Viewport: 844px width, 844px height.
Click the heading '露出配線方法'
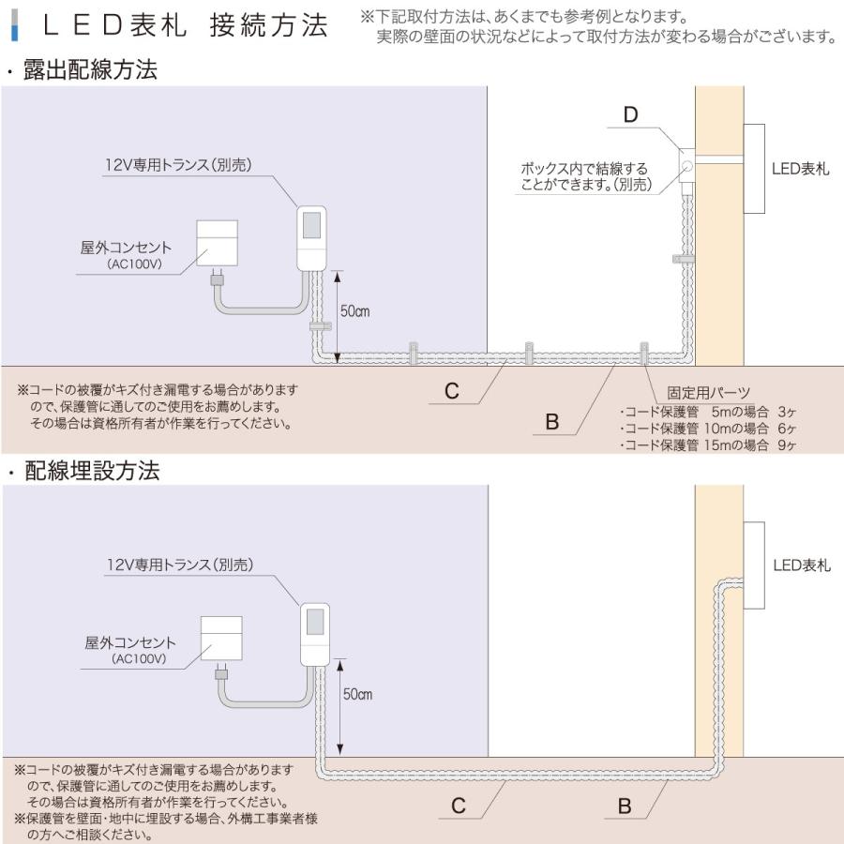tap(92, 70)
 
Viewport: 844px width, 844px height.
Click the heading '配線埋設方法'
tap(92, 471)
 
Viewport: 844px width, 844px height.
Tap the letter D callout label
tap(630, 115)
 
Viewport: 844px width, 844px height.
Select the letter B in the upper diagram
tap(551, 423)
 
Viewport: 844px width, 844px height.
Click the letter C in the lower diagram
tap(458, 806)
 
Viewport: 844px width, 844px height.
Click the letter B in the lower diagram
tap(624, 806)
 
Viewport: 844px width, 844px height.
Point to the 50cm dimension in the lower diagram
tap(357, 695)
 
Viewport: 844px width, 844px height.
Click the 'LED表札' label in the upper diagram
tap(800, 170)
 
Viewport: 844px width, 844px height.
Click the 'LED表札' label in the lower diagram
tap(801, 565)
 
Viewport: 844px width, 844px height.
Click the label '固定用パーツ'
tap(709, 392)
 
